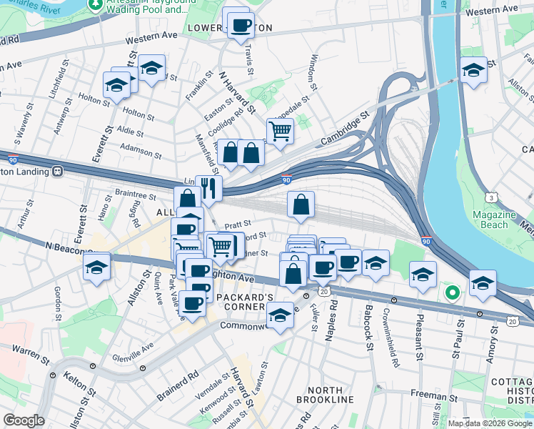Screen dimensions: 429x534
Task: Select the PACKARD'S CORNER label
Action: coord(245,302)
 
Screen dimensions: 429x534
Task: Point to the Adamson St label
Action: coord(141,152)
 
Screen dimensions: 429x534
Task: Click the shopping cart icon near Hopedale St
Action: coord(281,131)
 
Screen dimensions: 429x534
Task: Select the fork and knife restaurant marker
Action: coord(208,188)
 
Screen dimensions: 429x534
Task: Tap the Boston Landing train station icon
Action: coord(56,172)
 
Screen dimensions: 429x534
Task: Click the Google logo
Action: coord(24,420)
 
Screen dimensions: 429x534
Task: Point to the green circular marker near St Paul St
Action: coord(452,292)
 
